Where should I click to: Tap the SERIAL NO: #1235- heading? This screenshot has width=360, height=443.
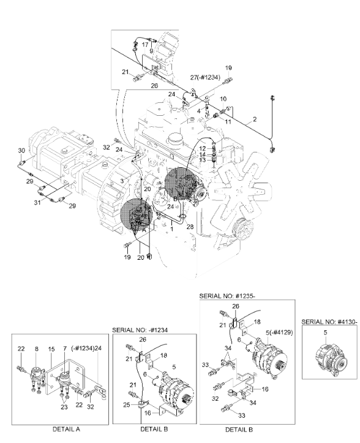click(231, 295)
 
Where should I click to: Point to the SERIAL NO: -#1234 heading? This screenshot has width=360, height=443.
click(142, 329)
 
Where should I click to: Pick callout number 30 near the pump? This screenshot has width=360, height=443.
click(21, 150)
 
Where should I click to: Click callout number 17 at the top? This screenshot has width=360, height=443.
click(144, 45)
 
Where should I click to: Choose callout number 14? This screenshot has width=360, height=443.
click(202, 154)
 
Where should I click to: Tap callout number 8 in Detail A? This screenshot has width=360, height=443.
click(36, 349)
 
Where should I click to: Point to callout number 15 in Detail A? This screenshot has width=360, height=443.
click(51, 349)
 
